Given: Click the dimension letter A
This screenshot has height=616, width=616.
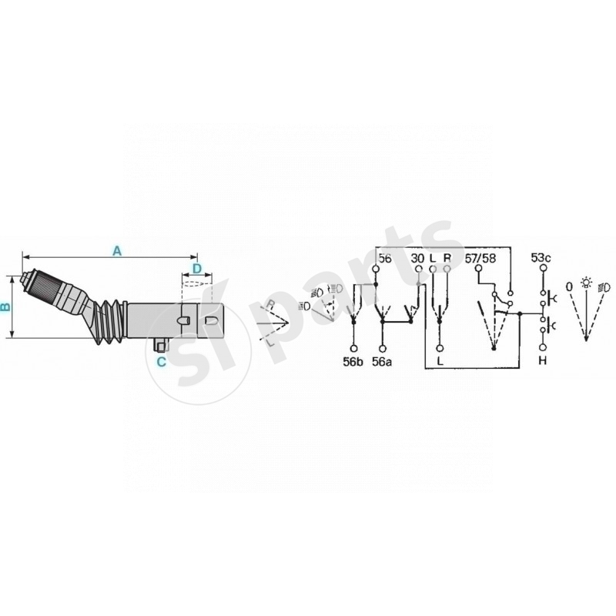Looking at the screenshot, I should [117, 250].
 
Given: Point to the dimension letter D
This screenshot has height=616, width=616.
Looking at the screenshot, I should [196, 269].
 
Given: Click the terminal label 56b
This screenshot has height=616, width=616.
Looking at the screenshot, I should [353, 360].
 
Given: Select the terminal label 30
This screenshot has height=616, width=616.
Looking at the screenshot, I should [418, 259].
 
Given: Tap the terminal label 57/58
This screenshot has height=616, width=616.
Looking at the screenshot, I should [482, 259].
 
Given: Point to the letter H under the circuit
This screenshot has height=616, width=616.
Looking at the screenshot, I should [542, 360].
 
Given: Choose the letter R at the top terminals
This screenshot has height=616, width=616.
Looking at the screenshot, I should [447, 259].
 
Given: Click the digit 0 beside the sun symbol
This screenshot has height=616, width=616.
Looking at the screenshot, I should [569, 286].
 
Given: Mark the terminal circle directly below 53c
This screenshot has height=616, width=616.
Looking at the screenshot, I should [542, 270].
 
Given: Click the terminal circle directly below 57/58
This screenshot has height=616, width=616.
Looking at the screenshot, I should [478, 270].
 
